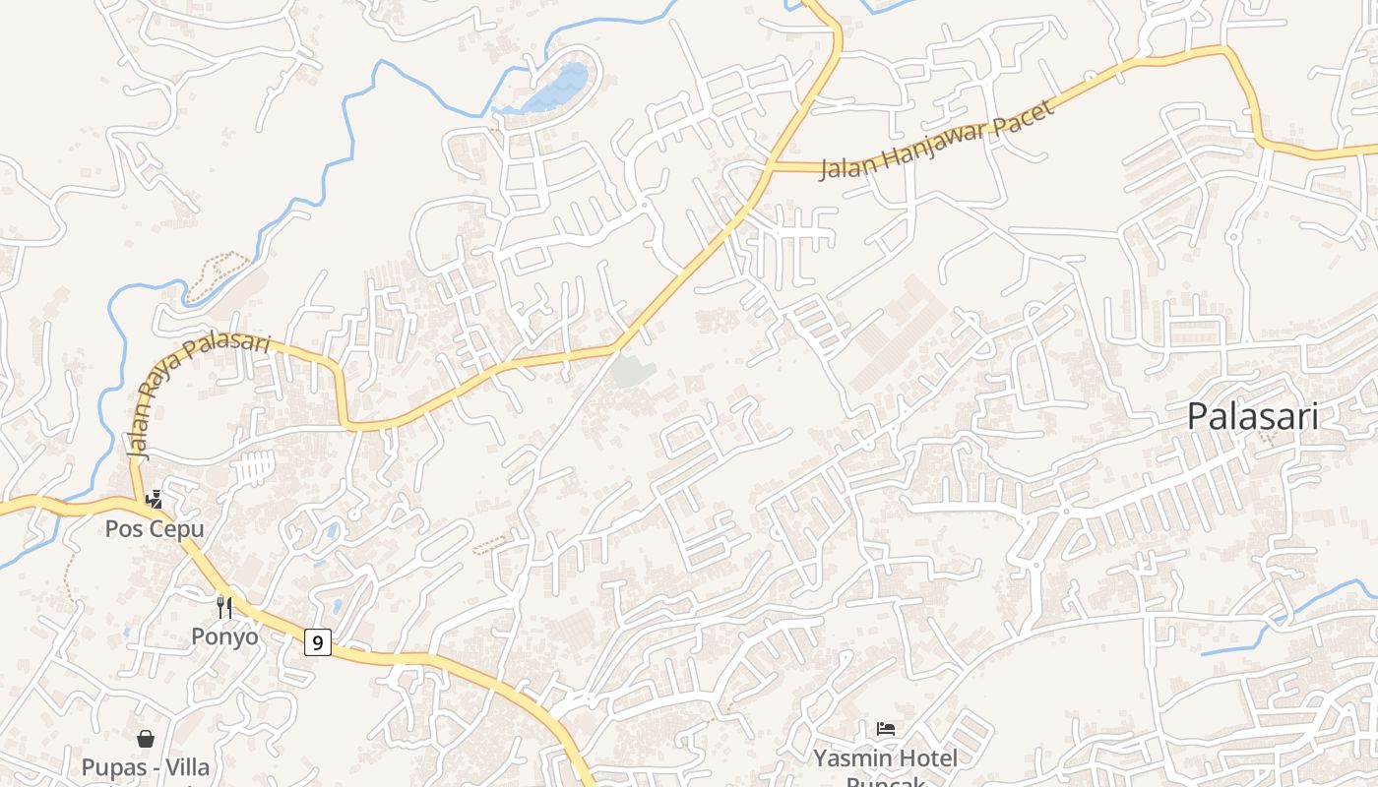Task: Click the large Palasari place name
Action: [x=1252, y=416]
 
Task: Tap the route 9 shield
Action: [x=317, y=642]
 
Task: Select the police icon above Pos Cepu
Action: [x=154, y=500]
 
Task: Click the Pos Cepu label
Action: [x=155, y=529]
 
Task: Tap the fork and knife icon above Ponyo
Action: [x=224, y=607]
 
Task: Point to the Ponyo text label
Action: [x=224, y=636]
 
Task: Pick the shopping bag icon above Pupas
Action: [x=146, y=738]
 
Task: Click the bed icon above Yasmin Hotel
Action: [x=886, y=729]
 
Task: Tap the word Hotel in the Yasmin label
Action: [x=925, y=758]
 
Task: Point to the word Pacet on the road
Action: [x=1023, y=114]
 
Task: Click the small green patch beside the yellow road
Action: [x=632, y=371]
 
